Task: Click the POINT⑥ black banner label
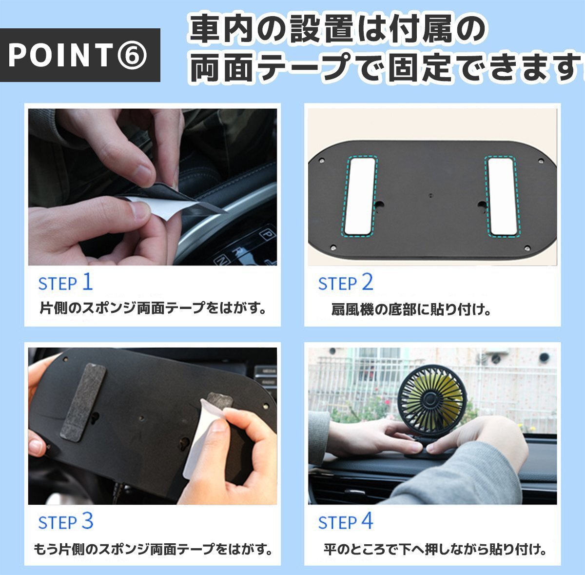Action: pyautogui.click(x=80, y=55)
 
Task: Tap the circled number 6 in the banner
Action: pyautogui.click(x=132, y=55)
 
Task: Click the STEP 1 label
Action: pyautogui.click(x=65, y=282)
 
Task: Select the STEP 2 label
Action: pyautogui.click(x=346, y=282)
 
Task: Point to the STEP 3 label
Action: pyautogui.click(x=66, y=521)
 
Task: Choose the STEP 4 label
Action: pyautogui.click(x=346, y=521)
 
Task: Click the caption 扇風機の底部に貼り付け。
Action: pyautogui.click(x=411, y=310)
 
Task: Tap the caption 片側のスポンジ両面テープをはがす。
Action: pyautogui.click(x=153, y=308)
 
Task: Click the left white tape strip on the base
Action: pyautogui.click(x=360, y=196)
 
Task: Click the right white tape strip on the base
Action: pyautogui.click(x=502, y=197)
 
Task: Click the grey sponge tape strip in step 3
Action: pyautogui.click(x=83, y=402)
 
